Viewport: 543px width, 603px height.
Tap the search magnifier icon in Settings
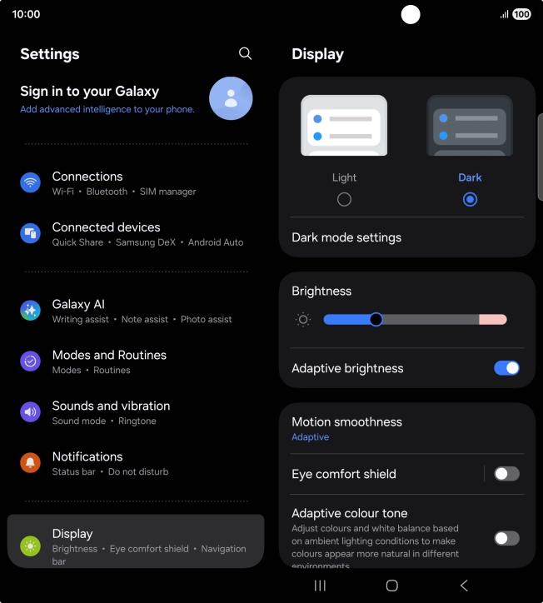[245, 53]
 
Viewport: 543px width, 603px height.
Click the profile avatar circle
[231, 98]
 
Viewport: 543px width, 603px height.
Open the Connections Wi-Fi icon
[31, 183]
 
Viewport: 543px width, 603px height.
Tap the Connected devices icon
[31, 234]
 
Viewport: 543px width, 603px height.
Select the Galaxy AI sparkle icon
[31, 311]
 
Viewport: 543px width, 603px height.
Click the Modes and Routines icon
[31, 361]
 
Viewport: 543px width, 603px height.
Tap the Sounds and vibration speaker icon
[31, 412]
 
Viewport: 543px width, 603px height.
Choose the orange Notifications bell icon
[31, 463]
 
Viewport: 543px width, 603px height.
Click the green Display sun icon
[31, 546]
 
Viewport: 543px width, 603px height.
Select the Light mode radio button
[344, 200]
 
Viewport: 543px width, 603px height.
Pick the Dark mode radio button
[470, 200]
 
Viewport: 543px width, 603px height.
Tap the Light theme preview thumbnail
[344, 126]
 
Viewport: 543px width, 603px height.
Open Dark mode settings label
[346, 237]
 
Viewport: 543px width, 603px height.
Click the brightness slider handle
[376, 319]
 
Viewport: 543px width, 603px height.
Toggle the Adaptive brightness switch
[506, 368]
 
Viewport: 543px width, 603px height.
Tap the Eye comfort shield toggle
[506, 474]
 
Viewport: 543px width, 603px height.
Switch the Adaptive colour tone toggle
[506, 538]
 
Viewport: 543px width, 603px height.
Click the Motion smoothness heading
[346, 421]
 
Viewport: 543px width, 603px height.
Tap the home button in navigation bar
[392, 586]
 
